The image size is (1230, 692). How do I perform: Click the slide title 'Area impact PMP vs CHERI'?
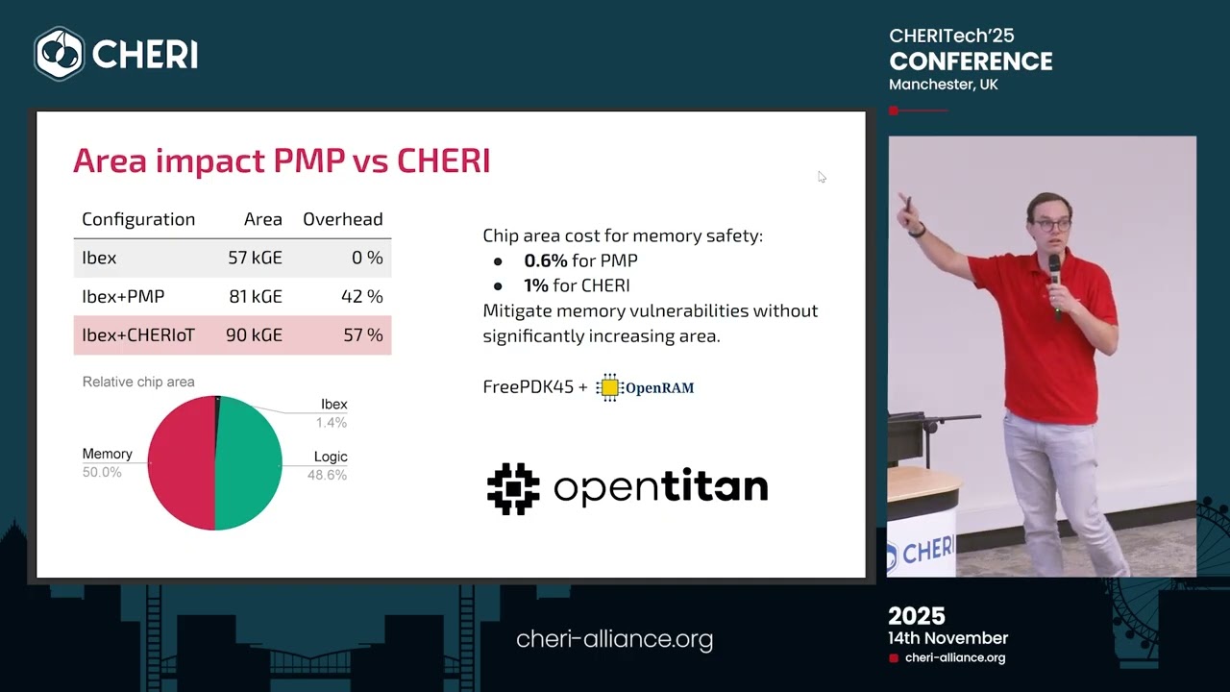(x=282, y=161)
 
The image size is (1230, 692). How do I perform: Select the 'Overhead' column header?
(x=342, y=219)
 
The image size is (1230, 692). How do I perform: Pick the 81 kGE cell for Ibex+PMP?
(x=255, y=297)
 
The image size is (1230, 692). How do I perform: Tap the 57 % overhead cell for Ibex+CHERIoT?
(x=362, y=335)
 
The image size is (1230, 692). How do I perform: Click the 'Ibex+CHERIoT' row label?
(x=138, y=335)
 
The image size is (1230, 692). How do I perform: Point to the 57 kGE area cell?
(x=255, y=259)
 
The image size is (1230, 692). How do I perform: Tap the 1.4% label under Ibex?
(x=332, y=423)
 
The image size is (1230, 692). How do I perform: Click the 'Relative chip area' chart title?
(x=138, y=382)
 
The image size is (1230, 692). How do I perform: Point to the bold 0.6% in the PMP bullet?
(x=546, y=260)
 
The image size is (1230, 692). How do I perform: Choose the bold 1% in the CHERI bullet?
(x=536, y=285)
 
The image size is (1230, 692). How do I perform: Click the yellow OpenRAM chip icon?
(x=609, y=387)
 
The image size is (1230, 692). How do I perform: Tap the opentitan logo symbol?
(x=513, y=488)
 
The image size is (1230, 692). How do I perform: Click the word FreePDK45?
(x=528, y=387)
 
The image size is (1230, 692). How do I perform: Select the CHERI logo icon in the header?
(x=60, y=54)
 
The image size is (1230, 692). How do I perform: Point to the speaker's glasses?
(x=1052, y=225)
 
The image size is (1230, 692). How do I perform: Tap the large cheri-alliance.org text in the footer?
(x=614, y=639)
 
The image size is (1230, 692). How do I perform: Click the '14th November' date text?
(x=947, y=638)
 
